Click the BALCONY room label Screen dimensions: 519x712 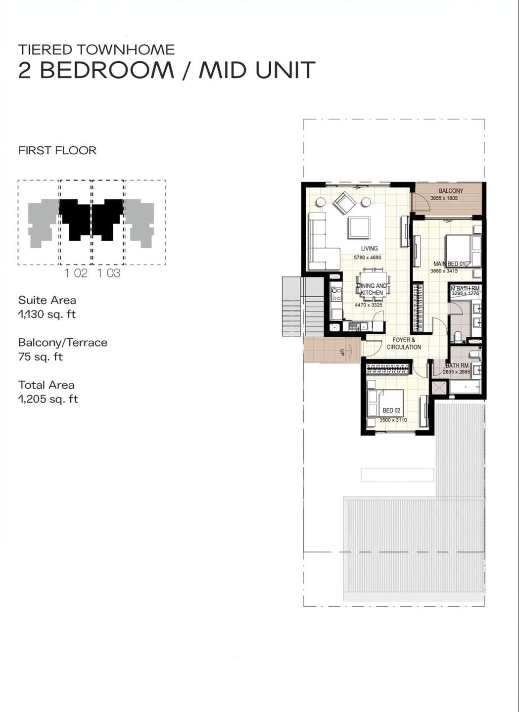(451, 191)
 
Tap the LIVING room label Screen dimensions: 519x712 (369, 249)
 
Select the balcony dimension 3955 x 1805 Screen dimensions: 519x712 (444, 198)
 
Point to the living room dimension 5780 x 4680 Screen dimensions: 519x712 (367, 258)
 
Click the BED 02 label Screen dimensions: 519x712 (391, 410)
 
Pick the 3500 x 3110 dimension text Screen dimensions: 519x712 (393, 420)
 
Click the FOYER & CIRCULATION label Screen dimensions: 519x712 (404, 344)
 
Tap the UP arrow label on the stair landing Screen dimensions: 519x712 (342, 352)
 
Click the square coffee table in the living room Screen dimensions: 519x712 (359, 227)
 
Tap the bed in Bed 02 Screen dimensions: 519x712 (385, 402)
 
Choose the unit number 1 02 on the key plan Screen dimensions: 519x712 (76, 273)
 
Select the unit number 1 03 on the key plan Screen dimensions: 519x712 (109, 273)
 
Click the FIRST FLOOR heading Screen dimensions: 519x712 (57, 150)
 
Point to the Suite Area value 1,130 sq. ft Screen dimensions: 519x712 (47, 314)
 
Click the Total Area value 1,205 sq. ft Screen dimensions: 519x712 (48, 399)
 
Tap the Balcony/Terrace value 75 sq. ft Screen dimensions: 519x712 (41, 357)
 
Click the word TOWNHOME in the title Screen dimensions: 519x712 (126, 49)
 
